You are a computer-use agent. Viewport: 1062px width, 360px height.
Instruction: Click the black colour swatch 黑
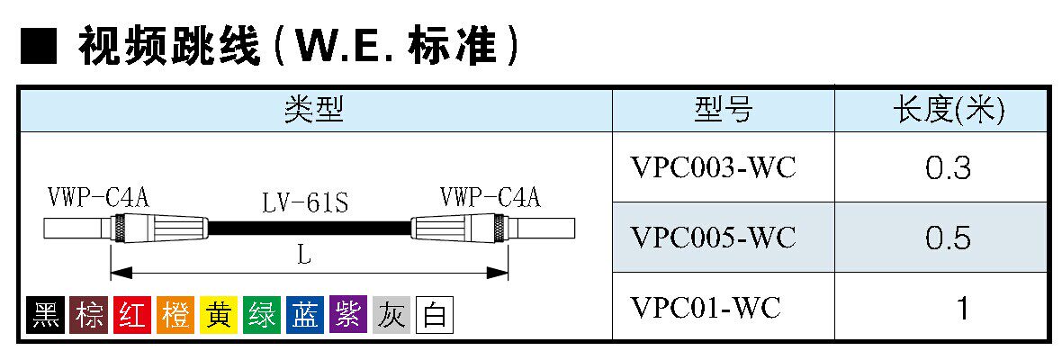(45, 315)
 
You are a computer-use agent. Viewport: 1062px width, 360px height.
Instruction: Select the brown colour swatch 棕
(88, 315)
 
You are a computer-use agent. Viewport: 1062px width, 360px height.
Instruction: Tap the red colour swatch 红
(131, 315)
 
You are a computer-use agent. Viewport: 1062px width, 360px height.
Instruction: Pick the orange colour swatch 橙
(175, 315)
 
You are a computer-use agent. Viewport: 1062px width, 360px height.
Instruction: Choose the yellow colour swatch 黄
(218, 315)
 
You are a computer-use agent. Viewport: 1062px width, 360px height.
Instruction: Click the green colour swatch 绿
(261, 315)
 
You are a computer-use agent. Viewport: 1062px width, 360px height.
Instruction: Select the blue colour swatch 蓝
(304, 315)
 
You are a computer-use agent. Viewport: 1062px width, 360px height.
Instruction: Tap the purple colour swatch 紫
(347, 315)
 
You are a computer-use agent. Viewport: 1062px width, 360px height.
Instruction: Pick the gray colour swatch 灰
(391, 315)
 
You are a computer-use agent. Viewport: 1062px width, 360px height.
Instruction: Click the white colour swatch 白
(434, 315)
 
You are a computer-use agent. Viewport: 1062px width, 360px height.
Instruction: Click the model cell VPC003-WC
(714, 167)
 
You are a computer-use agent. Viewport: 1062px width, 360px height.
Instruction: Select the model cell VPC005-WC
(714, 238)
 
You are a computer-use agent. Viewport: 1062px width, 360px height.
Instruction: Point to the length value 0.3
(948, 167)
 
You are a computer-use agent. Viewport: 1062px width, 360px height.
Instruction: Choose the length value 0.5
(948, 238)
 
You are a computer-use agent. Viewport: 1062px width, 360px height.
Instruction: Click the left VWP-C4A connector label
(98, 197)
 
